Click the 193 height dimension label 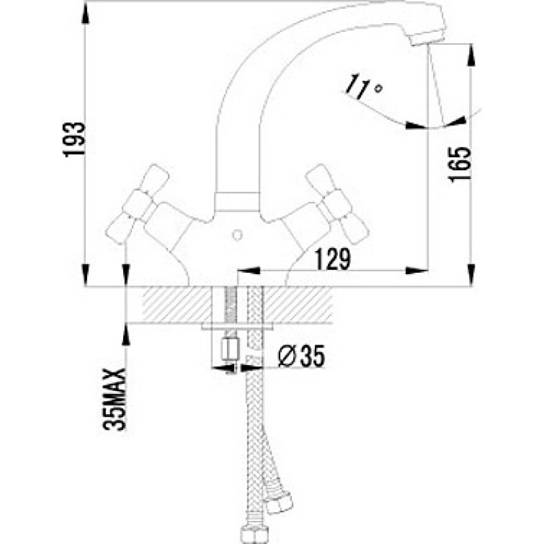click(74, 139)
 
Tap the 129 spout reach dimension click(333, 259)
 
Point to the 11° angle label click(364, 86)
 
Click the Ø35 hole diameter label click(301, 356)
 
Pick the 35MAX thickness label click(114, 399)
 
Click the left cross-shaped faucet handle click(137, 204)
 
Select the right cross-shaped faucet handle click(337, 204)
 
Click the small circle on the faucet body click(237, 235)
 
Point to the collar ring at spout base click(237, 201)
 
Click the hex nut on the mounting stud click(231, 350)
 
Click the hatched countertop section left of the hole click(177, 305)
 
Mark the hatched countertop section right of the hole click(297, 305)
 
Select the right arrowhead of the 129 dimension click(417, 271)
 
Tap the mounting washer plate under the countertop click(237, 326)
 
